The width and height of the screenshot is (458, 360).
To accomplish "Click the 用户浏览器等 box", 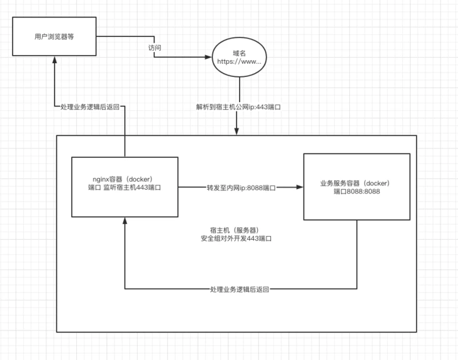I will point(54,36).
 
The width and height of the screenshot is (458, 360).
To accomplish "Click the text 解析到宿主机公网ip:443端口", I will point(238,107).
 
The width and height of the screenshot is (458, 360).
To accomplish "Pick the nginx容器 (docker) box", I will point(125,187).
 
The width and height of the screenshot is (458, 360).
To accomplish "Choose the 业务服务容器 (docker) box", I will point(357,187).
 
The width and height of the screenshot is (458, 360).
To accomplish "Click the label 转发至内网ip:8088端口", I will point(241,187).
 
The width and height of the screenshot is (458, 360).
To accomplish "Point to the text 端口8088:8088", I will point(357,192).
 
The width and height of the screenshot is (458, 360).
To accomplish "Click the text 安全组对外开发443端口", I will point(235,239).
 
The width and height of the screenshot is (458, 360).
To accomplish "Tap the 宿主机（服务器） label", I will point(235,230).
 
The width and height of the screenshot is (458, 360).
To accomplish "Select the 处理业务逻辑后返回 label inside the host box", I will point(240,290).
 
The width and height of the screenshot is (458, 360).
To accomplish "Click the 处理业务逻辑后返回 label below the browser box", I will point(90,107).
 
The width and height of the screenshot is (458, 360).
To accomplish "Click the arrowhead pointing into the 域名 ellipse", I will point(208,58).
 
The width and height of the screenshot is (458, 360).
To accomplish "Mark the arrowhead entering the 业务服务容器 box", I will point(300,187).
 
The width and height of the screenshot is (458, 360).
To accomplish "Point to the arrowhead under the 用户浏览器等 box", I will point(54,59).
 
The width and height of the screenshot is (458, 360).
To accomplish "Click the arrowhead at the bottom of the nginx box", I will point(125,220).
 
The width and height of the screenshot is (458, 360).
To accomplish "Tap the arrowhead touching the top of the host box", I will point(237,131).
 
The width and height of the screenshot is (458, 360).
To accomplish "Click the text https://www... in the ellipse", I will point(238,62).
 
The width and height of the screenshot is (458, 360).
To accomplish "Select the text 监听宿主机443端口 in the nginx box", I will point(134,187).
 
